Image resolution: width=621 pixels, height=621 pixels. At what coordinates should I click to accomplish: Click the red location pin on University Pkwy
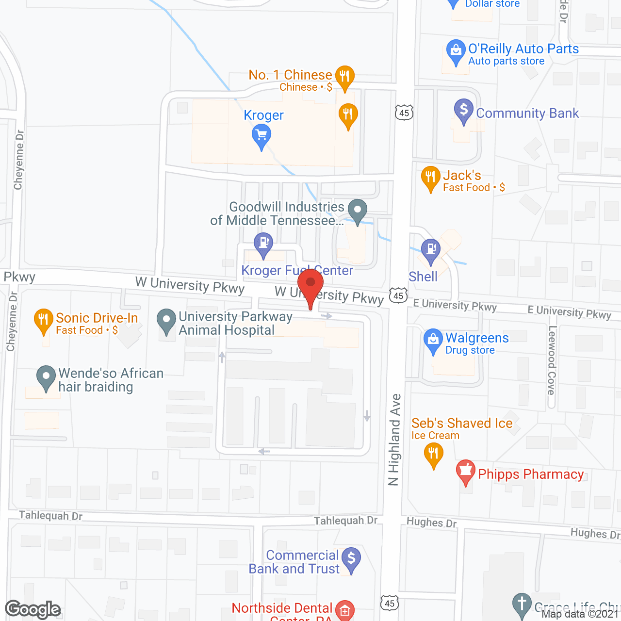tap(310, 284)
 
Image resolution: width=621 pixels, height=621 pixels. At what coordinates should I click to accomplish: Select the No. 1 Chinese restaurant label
tap(290, 75)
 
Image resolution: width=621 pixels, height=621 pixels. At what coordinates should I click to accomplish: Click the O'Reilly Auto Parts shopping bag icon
tap(456, 50)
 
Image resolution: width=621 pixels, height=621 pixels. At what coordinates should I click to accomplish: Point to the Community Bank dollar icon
tap(464, 110)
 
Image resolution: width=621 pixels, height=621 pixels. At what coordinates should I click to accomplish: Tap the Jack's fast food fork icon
tap(430, 177)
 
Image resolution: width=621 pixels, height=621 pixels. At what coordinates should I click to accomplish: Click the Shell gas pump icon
tap(430, 250)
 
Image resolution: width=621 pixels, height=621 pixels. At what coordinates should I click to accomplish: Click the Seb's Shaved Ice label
tap(462, 424)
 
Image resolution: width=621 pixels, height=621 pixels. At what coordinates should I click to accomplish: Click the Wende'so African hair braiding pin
tap(46, 376)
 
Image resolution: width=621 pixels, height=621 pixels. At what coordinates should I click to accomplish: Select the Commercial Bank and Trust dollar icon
tap(351, 558)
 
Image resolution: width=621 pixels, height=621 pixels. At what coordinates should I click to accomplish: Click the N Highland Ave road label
tap(394, 440)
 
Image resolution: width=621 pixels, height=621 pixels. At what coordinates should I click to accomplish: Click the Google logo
tap(33, 609)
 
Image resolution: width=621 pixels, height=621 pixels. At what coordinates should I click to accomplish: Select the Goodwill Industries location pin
tap(358, 211)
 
